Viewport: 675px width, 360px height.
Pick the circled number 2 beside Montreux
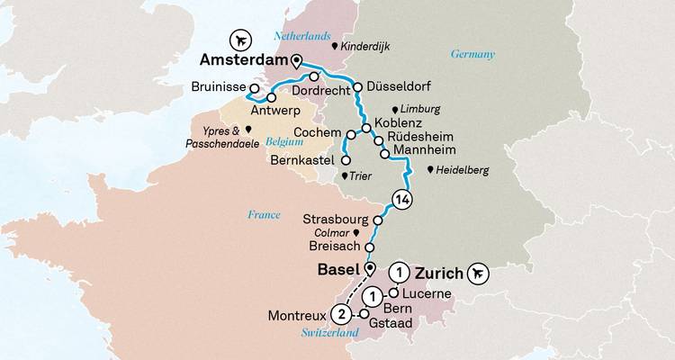(341, 315)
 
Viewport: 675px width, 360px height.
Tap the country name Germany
(472, 55)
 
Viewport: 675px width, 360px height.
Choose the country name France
(264, 214)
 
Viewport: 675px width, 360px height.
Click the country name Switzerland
(328, 334)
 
